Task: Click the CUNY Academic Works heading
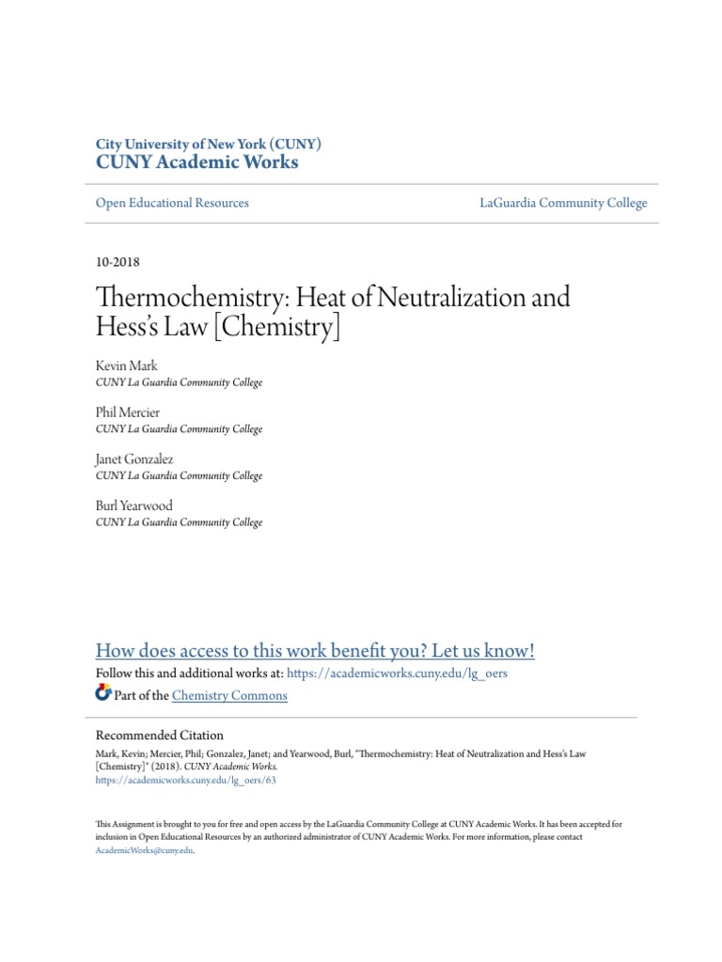point(197,163)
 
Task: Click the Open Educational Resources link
point(172,203)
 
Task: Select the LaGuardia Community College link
point(562,203)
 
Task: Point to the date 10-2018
point(118,262)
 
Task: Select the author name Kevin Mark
point(127,365)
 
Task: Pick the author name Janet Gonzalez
point(134,459)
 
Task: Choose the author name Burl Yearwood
point(134,505)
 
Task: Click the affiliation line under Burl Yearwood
point(179,522)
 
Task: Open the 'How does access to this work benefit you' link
point(315,651)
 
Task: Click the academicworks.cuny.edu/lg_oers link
point(397,675)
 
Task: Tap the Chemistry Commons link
point(230,696)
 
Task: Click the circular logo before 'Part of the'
point(103,694)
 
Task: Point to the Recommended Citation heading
point(160,736)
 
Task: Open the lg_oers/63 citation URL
point(186,780)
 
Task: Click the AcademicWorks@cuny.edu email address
point(144,849)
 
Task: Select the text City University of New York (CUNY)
point(209,144)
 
